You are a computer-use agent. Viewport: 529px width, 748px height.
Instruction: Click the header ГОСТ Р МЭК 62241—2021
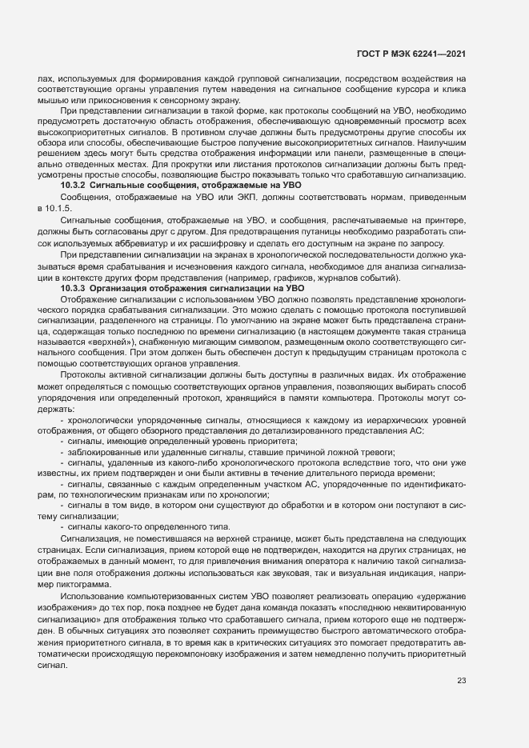411,53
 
